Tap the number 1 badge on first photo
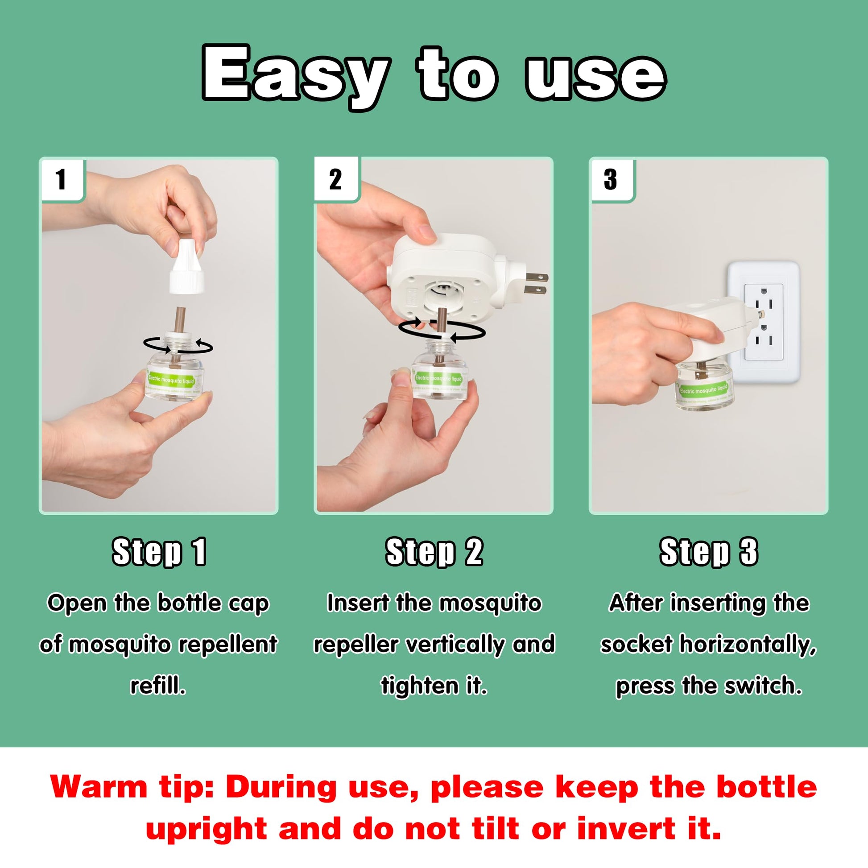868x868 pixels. coord(62,179)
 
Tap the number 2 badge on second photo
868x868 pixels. coord(335,179)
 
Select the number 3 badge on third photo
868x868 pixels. coord(611,179)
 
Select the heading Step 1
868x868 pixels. coord(159,552)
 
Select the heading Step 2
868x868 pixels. coord(434,552)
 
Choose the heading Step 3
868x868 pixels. coord(708,552)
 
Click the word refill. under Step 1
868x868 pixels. coord(158,686)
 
